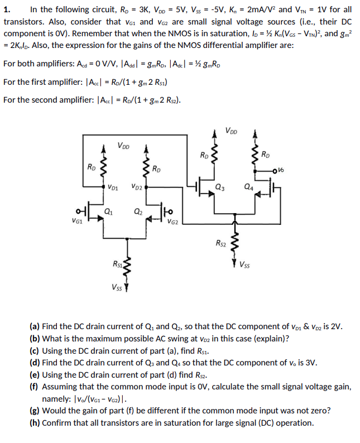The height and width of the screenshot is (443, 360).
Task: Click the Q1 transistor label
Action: [108, 211]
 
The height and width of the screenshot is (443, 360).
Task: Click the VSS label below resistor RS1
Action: [117, 288]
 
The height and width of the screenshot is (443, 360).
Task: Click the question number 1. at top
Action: [7, 9]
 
